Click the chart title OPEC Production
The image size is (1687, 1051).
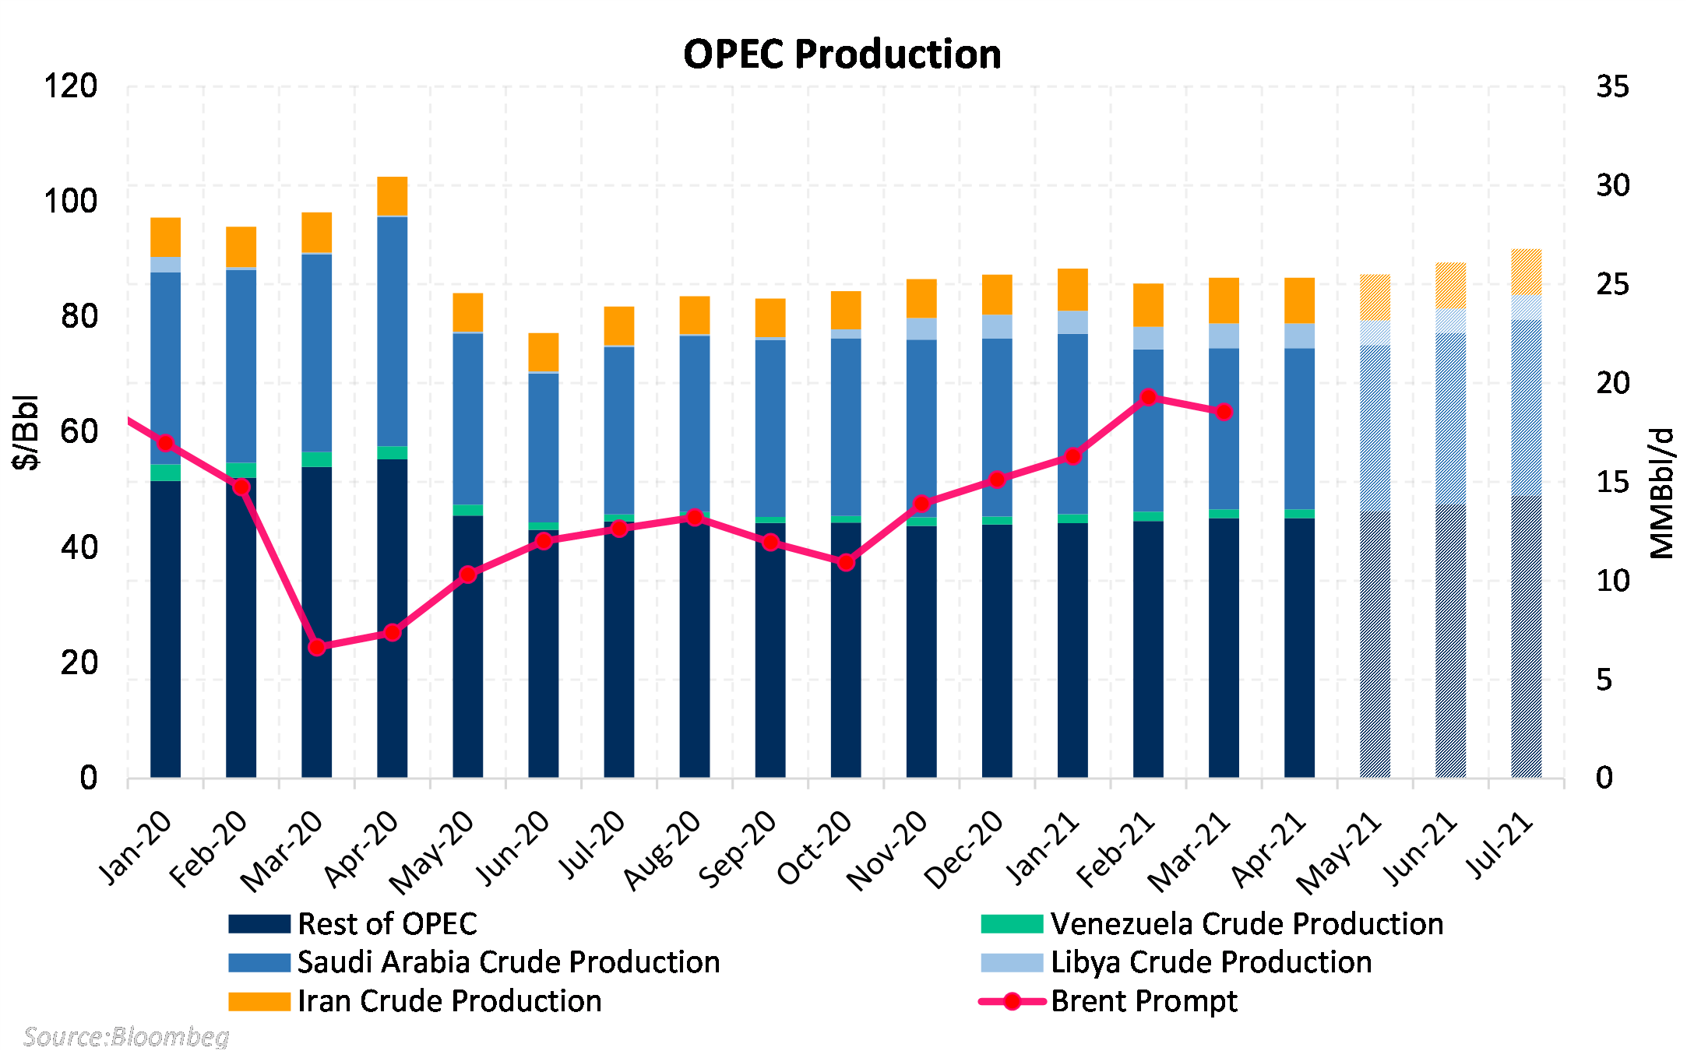click(842, 54)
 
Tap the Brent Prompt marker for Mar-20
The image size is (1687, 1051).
click(317, 647)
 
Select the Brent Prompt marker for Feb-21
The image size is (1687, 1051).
click(1148, 397)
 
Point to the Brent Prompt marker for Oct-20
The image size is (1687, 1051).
click(846, 562)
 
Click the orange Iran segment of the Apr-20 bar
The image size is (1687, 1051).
click(393, 196)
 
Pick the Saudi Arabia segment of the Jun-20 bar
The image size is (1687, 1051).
click(544, 448)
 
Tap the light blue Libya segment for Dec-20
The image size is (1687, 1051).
click(997, 326)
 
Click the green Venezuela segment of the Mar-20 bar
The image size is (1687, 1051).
click(317, 459)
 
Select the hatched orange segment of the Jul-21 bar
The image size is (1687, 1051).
click(1526, 272)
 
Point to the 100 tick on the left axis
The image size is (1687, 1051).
click(70, 202)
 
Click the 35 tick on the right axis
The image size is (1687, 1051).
click(1612, 86)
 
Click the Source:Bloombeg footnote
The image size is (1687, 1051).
click(126, 1037)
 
